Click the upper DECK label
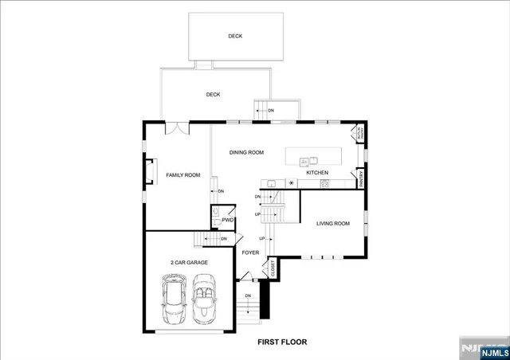click(x=235, y=36)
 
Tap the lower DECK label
click(x=213, y=95)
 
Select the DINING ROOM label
click(x=246, y=152)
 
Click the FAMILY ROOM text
click(x=182, y=175)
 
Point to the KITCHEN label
click(x=318, y=173)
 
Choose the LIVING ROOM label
click(x=332, y=224)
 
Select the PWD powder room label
click(x=227, y=221)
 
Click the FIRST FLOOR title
click(x=281, y=342)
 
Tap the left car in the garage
click(x=173, y=298)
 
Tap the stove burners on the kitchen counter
click(x=324, y=184)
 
